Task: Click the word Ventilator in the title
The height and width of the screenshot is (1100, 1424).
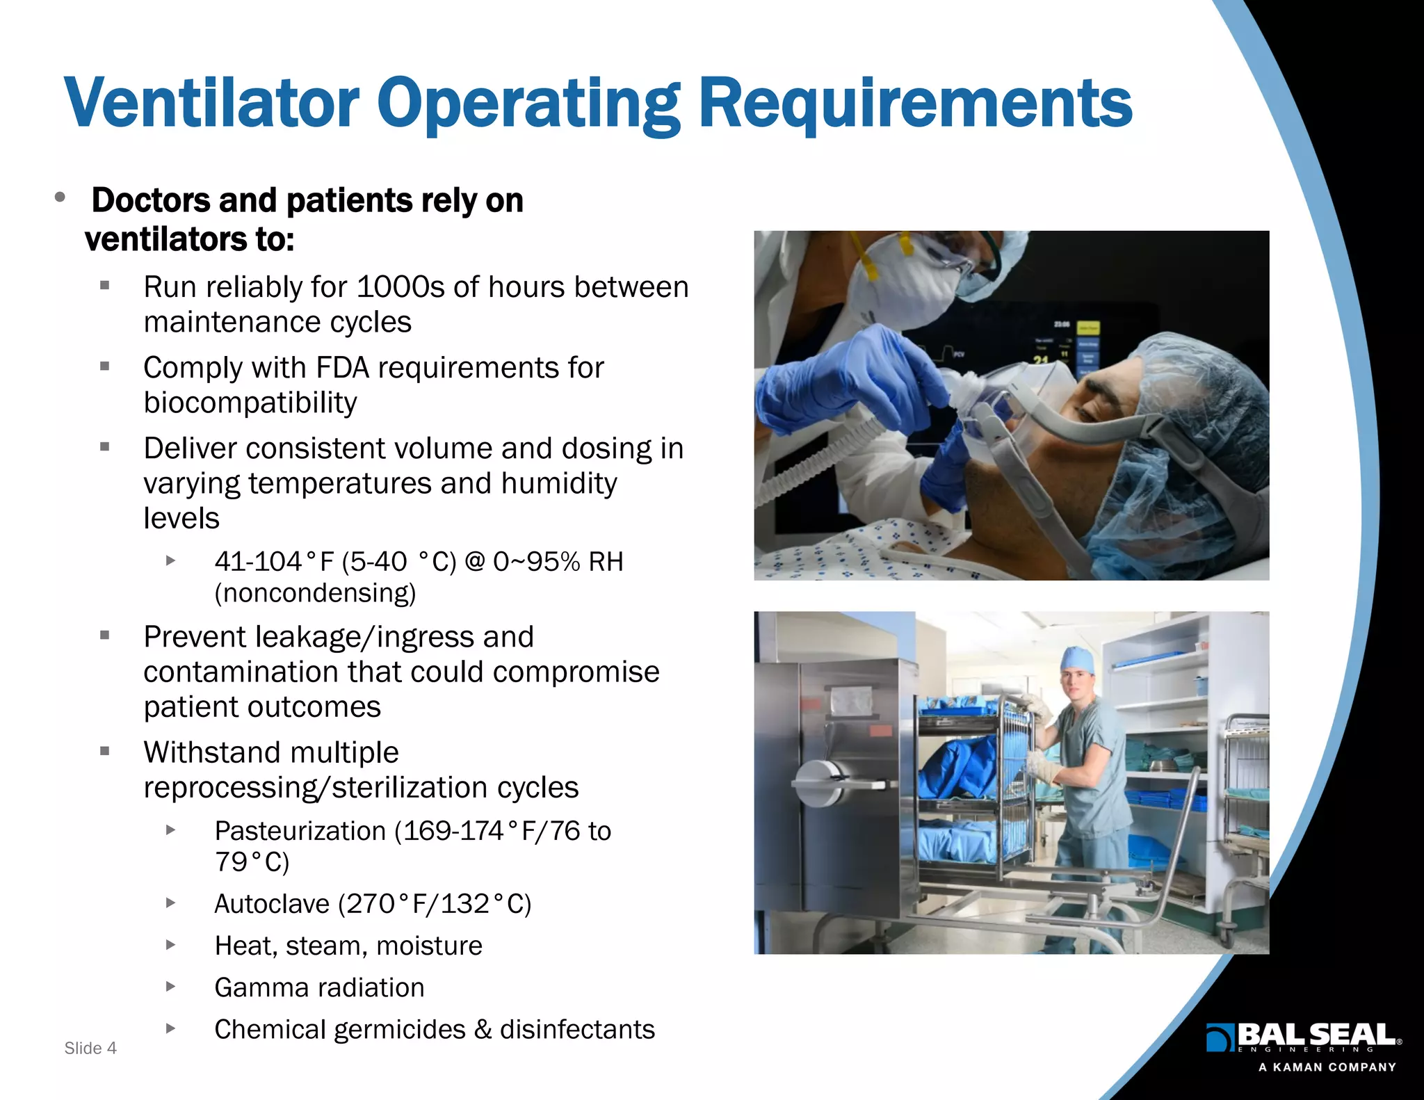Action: (211, 104)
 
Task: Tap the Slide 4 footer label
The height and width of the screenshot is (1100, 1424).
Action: (90, 1048)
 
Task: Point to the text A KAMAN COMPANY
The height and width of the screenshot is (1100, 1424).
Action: (1327, 1067)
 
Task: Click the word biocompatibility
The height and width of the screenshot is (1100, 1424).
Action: (250, 403)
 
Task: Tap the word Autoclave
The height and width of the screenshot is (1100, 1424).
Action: (272, 904)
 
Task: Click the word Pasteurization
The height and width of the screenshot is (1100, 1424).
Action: (300, 831)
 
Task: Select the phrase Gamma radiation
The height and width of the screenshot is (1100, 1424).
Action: (319, 987)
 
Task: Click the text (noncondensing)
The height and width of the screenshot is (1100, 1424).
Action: (315, 593)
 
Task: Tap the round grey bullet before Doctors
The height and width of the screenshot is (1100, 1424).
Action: (60, 197)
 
